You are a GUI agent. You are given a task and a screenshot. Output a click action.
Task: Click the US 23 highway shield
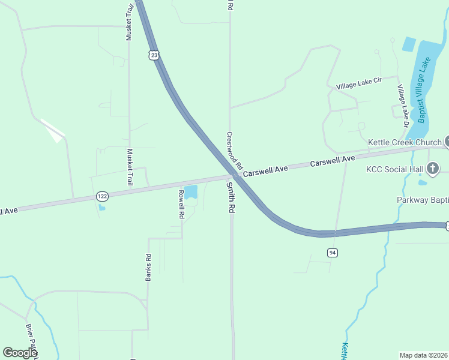pos(154,55)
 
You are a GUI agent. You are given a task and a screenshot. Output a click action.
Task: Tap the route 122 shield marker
pos(102,196)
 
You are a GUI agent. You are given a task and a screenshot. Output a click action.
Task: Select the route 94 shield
pos(333,253)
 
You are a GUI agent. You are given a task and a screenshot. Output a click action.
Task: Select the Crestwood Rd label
pos(234,150)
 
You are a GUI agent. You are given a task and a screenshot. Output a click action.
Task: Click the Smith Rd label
pos(230,199)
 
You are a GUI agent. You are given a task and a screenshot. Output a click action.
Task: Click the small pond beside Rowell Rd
pos(190,192)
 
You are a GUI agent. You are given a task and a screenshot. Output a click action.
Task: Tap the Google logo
pos(20,352)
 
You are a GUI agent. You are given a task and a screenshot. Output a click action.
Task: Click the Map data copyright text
pos(424,355)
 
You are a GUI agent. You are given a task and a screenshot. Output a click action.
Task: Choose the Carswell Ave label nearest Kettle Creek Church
pos(333,160)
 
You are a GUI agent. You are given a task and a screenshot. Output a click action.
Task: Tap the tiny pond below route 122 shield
pos(101,208)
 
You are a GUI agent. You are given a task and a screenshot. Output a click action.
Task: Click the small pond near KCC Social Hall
pos(423,182)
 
